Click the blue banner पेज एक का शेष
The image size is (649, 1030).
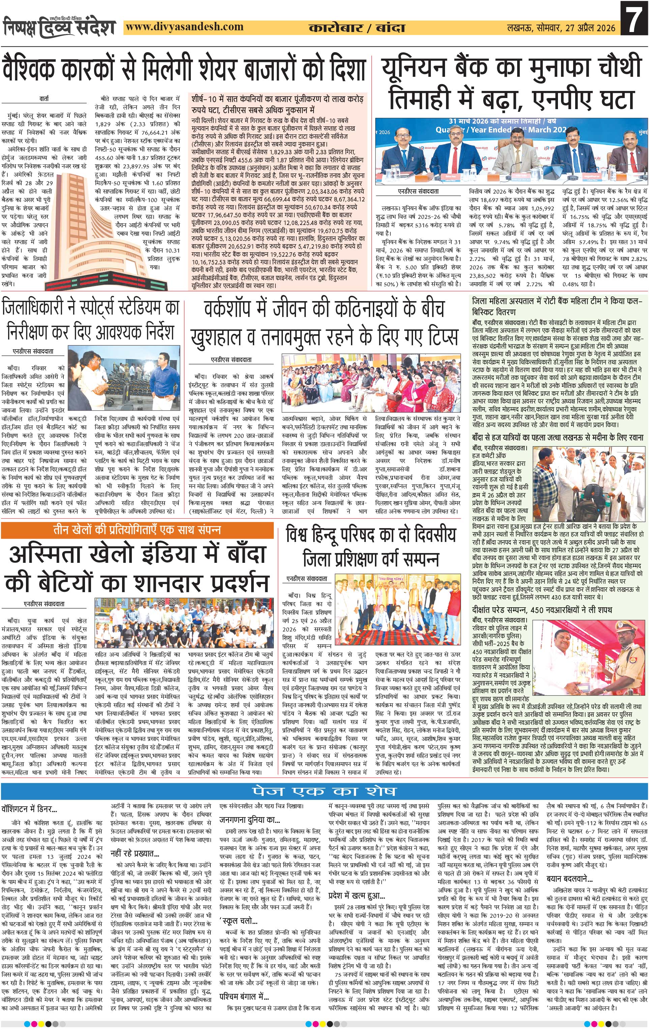[324, 791]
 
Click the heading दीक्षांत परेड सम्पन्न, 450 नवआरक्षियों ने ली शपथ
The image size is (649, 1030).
[542, 610]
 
